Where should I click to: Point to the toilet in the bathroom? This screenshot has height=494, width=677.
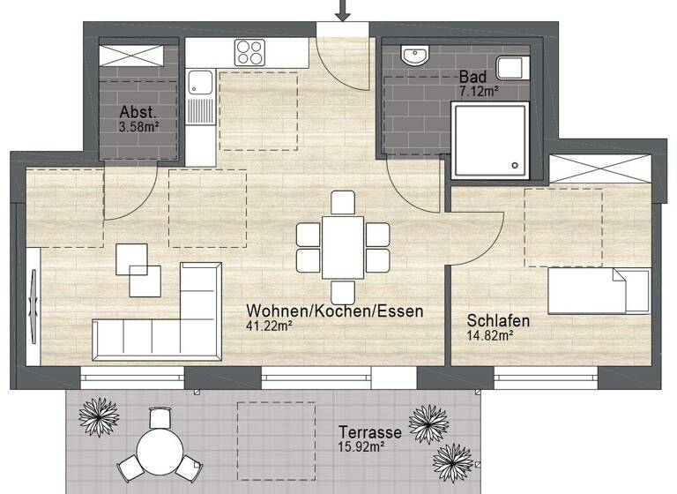click(510, 68)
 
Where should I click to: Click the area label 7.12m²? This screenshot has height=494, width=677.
click(480, 91)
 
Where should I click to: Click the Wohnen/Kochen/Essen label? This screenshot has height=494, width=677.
click(335, 311)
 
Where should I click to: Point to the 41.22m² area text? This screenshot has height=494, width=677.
click(270, 326)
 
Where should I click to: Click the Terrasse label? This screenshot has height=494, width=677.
click(370, 433)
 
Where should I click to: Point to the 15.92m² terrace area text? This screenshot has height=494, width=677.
click(362, 448)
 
